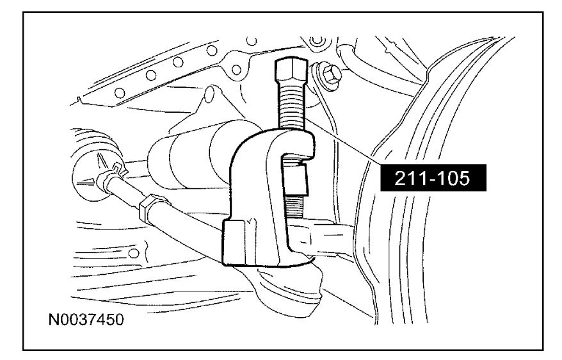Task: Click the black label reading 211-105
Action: tap(433, 178)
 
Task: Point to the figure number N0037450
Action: tap(86, 320)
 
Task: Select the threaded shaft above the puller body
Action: tap(291, 105)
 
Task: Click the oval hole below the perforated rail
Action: tap(209, 95)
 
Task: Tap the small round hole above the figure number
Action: tap(134, 253)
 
